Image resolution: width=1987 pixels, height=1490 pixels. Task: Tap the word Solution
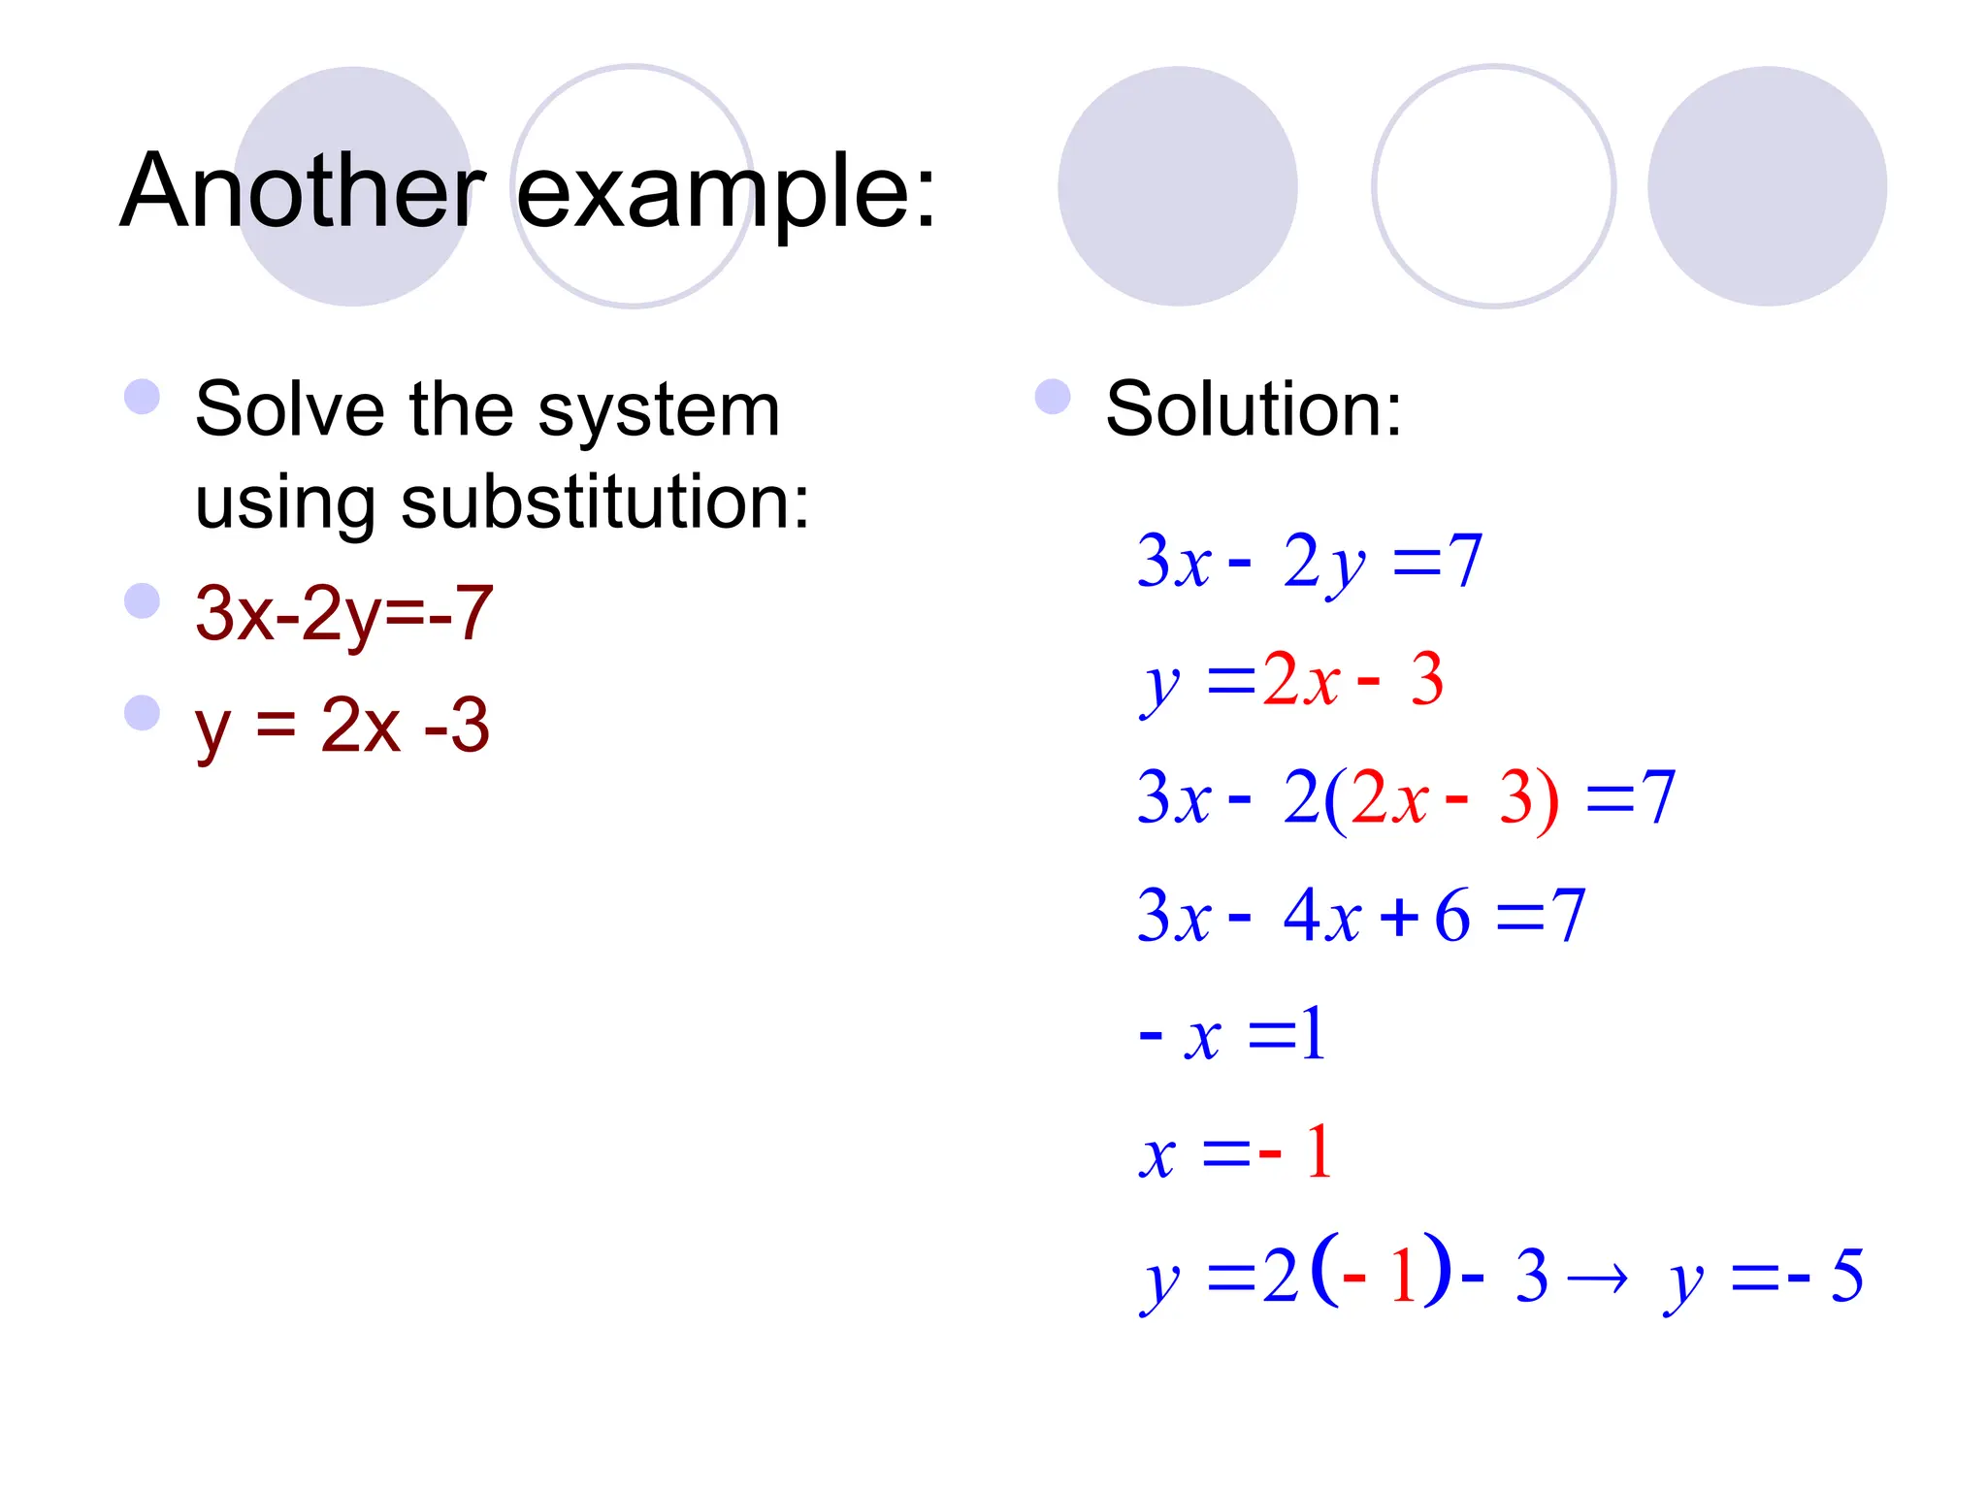click(x=1253, y=409)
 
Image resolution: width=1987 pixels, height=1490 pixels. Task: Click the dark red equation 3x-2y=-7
click(x=344, y=614)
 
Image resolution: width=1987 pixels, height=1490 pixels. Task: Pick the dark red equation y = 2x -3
click(x=342, y=726)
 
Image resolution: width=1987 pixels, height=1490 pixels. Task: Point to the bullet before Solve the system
click(x=143, y=397)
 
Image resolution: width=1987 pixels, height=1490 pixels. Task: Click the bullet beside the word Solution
click(x=1053, y=397)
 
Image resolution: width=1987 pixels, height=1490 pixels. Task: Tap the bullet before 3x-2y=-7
click(x=143, y=601)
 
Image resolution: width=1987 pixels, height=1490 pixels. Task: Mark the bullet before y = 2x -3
click(x=143, y=713)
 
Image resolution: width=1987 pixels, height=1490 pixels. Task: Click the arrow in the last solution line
click(x=1597, y=1279)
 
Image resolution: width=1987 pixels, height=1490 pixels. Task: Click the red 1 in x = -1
click(x=1318, y=1152)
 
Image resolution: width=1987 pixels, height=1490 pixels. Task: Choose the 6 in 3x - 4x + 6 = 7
click(x=1451, y=915)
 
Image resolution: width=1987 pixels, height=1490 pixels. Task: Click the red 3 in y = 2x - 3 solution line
click(x=1426, y=679)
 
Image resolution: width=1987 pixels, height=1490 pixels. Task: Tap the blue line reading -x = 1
click(x=1232, y=1035)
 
